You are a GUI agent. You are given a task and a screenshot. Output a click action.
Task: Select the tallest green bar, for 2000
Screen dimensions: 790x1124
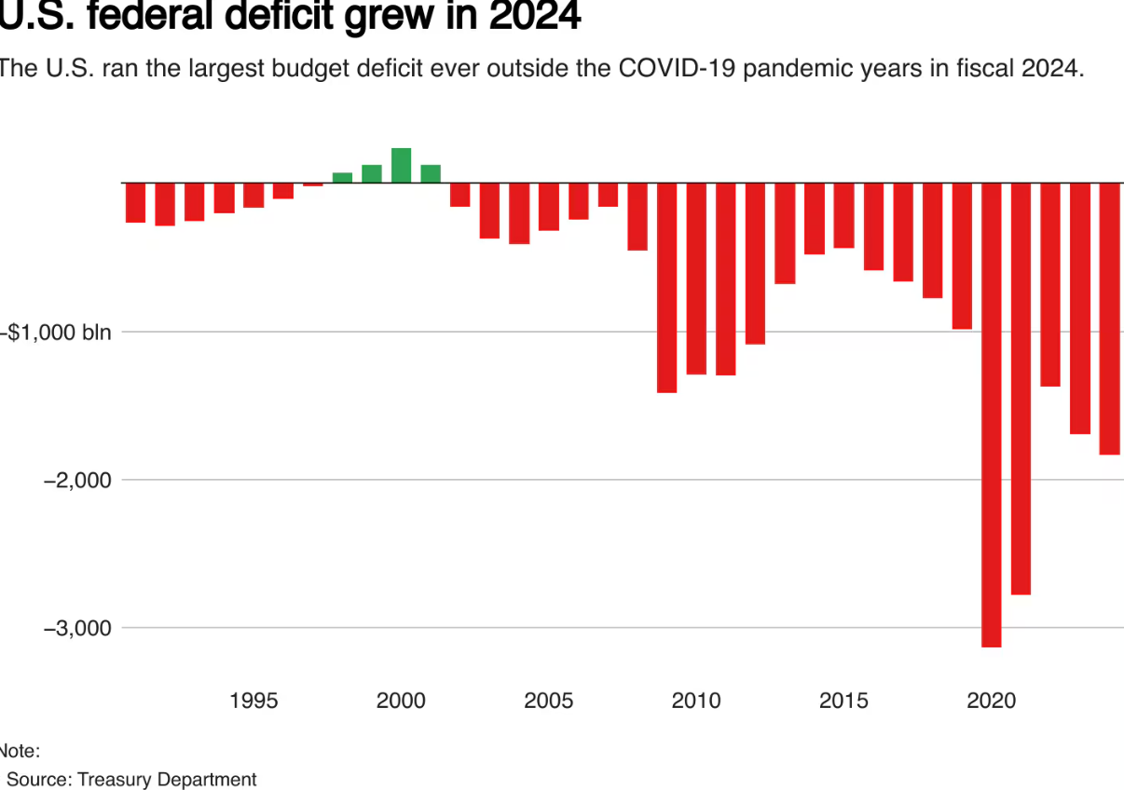coord(401,166)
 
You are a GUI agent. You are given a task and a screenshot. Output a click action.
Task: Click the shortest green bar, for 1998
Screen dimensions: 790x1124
coord(342,177)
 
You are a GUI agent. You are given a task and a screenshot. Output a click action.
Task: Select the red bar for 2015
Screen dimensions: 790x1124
coord(843,215)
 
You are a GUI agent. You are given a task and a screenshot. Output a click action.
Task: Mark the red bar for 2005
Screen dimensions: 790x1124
coord(549,207)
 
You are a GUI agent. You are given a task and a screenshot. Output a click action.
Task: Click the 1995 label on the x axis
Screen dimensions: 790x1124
coord(254,701)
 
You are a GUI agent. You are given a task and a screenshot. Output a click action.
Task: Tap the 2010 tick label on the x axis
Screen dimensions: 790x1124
coord(696,701)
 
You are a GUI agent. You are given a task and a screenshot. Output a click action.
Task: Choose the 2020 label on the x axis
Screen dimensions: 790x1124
coord(992,701)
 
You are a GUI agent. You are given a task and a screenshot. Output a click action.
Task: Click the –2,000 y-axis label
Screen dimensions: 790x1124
coord(76,481)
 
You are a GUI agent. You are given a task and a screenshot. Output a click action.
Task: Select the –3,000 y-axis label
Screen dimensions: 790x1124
coord(76,628)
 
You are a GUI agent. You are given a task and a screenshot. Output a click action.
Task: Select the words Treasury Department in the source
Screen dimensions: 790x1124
coord(167,779)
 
